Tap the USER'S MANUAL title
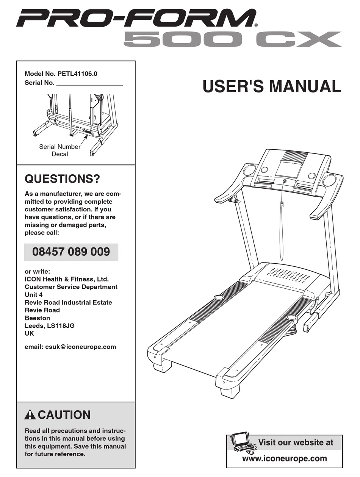coord(272,86)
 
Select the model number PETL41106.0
coord(77,74)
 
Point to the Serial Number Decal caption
coord(60,150)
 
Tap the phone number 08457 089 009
coord(71,252)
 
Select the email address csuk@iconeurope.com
coord(81,346)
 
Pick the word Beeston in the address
coord(37,318)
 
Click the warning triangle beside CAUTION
coord(30,415)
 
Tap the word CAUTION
coord(64,415)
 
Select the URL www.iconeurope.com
coord(285,458)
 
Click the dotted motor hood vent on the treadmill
coord(288,275)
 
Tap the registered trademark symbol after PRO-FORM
coord(256,25)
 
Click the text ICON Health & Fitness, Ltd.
coord(67,279)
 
